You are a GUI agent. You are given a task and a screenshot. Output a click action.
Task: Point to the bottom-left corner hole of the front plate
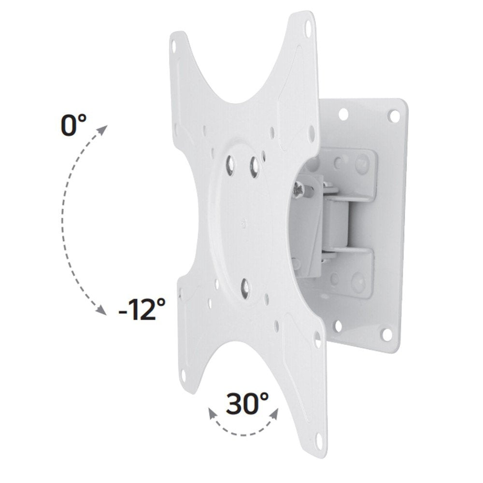[185, 371]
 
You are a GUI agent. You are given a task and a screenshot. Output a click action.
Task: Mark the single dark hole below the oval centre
[246, 286]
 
